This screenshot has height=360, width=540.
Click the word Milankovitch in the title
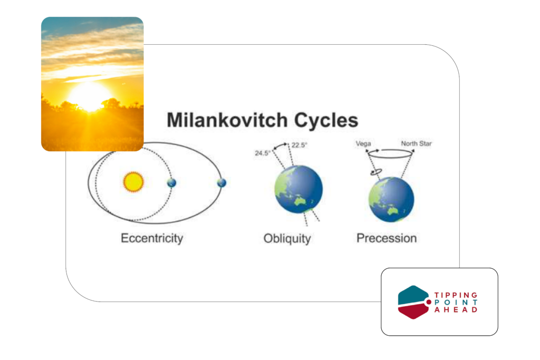227,120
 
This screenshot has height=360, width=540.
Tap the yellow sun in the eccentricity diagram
133,182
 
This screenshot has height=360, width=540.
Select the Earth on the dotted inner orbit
171,183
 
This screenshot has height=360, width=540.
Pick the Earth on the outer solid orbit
222,183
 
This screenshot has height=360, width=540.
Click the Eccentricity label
152,238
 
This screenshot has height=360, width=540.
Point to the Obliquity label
287,238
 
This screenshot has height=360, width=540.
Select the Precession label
387,238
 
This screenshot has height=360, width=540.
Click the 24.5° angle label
263,153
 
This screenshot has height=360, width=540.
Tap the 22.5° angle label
300,145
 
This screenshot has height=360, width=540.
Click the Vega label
363,143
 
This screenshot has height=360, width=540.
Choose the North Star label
416,143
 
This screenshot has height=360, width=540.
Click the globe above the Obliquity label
298,189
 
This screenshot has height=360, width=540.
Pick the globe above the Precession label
391,199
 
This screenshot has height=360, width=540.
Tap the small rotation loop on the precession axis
376,171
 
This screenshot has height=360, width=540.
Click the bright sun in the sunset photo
90,96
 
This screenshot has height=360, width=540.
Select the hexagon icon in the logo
413,302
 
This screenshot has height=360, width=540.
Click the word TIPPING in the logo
456,295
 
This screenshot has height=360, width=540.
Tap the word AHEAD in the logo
456,309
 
